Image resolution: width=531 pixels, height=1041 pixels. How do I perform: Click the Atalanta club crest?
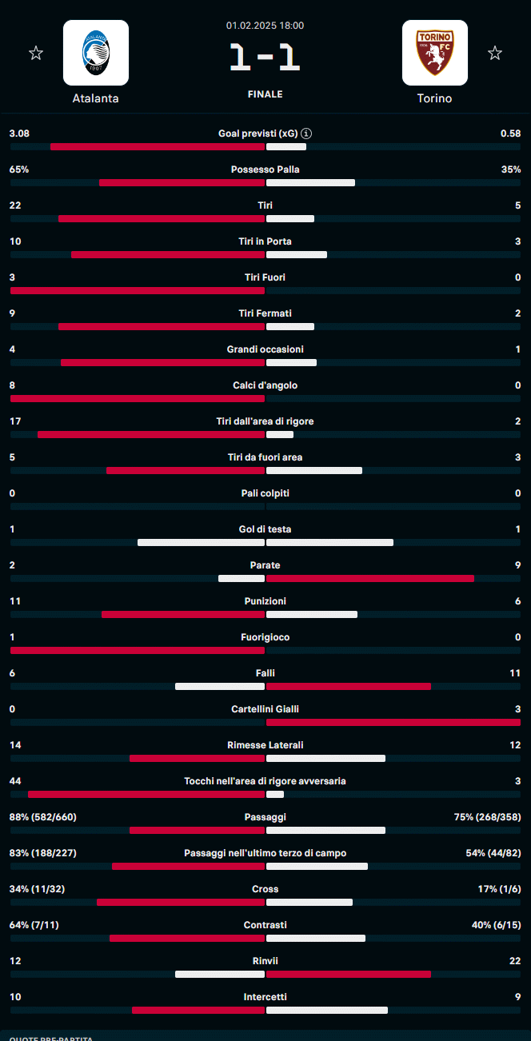click(x=96, y=53)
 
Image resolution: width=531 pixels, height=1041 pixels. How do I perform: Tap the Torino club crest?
click(x=434, y=53)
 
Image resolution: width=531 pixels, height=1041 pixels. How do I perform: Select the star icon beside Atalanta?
click(x=36, y=54)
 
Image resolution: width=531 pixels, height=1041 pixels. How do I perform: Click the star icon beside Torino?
click(x=495, y=54)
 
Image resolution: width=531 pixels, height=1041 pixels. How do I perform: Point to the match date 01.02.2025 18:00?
click(x=265, y=26)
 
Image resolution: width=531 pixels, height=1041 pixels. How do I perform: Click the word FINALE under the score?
click(x=265, y=94)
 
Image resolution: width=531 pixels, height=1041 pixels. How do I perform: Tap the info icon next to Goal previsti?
click(x=306, y=134)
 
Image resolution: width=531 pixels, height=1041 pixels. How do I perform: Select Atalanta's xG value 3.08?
click(x=19, y=134)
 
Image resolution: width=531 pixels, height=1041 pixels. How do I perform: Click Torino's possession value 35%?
click(x=511, y=170)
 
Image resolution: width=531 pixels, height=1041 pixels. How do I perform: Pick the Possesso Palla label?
click(x=265, y=170)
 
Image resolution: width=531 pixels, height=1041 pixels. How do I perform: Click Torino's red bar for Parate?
click(x=370, y=578)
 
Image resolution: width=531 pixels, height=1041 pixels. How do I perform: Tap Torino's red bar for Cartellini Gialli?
click(x=393, y=722)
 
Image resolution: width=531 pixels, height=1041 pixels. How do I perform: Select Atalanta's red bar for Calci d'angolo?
click(x=138, y=398)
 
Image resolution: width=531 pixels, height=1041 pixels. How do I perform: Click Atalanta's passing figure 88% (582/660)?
click(x=43, y=817)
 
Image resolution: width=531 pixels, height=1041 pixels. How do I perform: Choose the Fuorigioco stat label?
click(x=265, y=637)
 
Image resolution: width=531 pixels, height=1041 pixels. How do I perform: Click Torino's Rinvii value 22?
click(x=515, y=961)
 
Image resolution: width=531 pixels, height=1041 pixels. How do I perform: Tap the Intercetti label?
click(x=265, y=997)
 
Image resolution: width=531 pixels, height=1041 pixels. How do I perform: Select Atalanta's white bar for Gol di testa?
click(x=201, y=542)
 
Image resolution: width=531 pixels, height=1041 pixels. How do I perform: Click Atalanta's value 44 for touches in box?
click(x=15, y=781)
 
